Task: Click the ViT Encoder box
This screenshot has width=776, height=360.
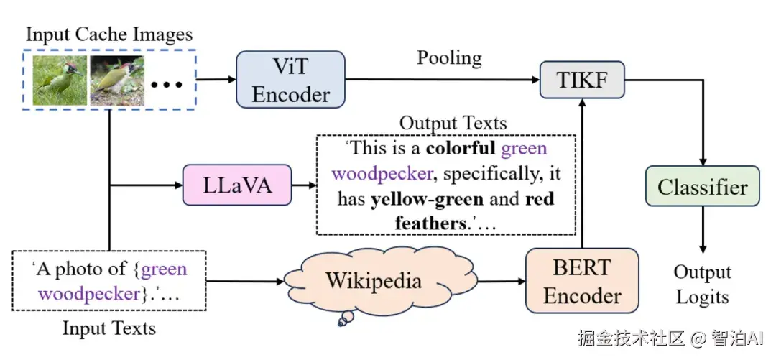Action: tap(291, 80)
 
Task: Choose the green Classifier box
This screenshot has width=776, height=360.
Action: tap(702, 188)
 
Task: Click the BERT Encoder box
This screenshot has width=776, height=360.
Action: tap(582, 281)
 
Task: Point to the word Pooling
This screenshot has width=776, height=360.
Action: tap(449, 57)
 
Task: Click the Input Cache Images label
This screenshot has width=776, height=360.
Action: tap(108, 34)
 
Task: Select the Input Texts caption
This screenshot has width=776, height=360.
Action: tap(109, 329)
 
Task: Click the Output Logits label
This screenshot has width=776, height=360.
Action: tap(702, 285)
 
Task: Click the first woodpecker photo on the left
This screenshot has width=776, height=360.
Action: tap(60, 80)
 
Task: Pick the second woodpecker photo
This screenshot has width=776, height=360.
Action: tap(116, 80)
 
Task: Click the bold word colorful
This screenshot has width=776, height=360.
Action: tap(460, 149)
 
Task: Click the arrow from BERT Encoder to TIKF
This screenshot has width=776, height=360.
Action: tap(582, 172)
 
